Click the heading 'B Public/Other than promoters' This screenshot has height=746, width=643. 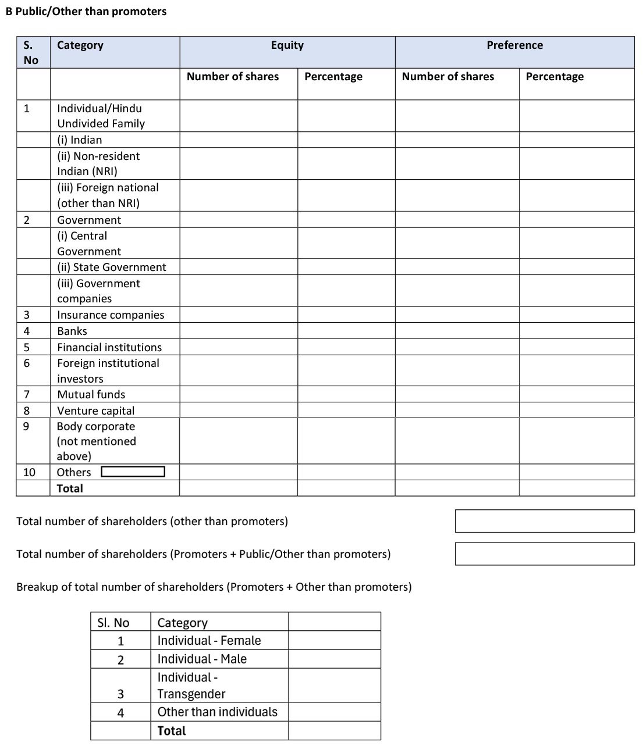click(86, 12)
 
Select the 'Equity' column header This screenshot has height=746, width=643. click(287, 45)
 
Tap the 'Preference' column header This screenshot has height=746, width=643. click(514, 45)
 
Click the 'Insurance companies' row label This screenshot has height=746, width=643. click(111, 315)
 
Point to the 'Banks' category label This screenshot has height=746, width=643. click(72, 331)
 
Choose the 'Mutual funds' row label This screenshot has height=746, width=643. click(91, 395)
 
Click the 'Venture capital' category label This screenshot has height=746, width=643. click(95, 411)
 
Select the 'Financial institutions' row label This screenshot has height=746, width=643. click(109, 348)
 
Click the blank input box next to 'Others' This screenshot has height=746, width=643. click(133, 472)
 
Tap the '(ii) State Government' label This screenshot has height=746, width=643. click(111, 267)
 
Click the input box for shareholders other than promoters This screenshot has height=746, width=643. click(544, 521)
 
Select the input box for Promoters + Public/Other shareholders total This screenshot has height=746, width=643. click(544, 554)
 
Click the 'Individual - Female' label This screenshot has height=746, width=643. click(209, 641)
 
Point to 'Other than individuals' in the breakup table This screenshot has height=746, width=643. click(217, 712)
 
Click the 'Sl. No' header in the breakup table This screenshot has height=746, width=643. click(113, 623)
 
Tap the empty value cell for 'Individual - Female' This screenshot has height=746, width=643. click(334, 641)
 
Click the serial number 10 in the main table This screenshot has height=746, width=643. click(29, 473)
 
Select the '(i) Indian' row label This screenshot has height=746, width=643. click(79, 140)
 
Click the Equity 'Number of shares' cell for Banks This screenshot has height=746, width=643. click(239, 331)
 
